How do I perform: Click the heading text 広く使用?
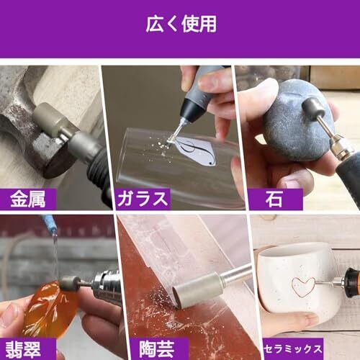181,24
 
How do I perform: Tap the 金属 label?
28,199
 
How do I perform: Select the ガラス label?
143,199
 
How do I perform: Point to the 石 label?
274,199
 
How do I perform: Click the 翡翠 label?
23,350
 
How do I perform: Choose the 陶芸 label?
157,349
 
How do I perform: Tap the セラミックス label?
293,348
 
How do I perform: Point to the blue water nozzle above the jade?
49,224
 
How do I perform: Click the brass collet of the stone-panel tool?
341,147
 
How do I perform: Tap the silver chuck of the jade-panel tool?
106,284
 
